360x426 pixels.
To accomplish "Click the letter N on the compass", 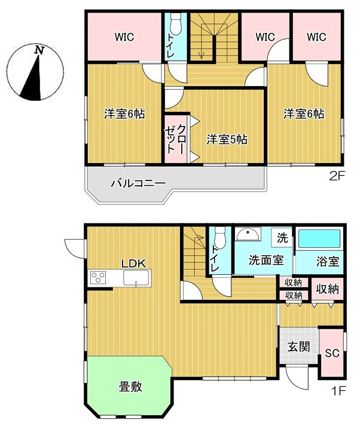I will coord(39,51).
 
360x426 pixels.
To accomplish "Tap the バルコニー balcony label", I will coord(138,183).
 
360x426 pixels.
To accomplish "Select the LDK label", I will coord(133,263).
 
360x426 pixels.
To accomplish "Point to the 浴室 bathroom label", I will coord(327,261).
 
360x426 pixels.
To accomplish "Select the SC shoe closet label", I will coord(332,353).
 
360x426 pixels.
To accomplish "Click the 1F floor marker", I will coord(338,393).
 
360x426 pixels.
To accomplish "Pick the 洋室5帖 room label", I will coord(227,140).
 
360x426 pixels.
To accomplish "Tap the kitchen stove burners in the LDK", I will coord(97,278).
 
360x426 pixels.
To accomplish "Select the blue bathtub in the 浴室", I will coord(320,240).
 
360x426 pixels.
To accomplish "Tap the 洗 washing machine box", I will coord(282,237).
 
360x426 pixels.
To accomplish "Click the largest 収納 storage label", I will coord(327,290).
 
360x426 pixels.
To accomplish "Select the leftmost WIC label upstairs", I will coord(125,37).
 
